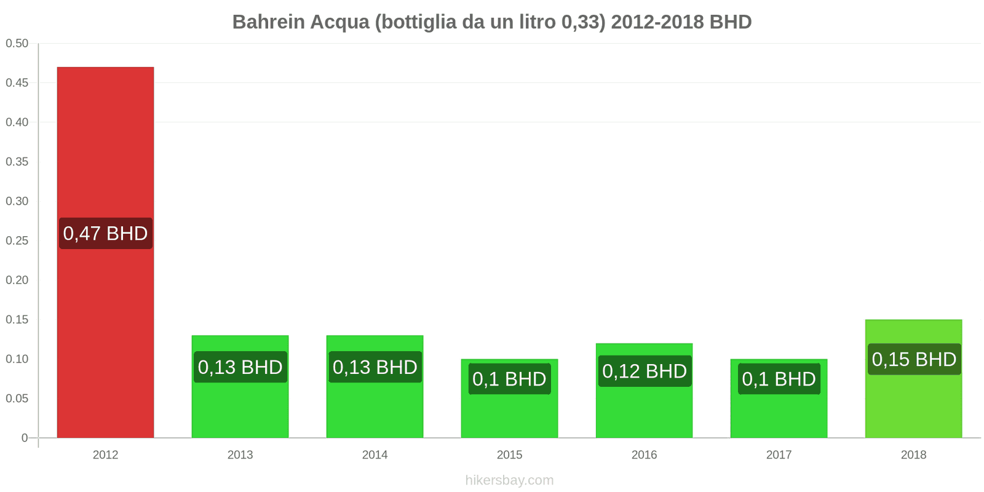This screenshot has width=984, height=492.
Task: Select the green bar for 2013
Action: click(x=240, y=406)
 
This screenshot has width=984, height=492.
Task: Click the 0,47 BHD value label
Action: click(x=105, y=234)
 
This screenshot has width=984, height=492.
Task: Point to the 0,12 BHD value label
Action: click(x=645, y=371)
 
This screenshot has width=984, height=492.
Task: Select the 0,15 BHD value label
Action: click(x=914, y=359)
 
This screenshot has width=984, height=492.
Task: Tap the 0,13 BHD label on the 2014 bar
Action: click(x=375, y=367)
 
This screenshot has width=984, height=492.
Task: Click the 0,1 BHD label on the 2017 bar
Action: click(x=779, y=379)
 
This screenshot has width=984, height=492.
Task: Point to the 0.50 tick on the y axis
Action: click(x=17, y=43)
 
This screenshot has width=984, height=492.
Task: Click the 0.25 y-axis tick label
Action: click(x=17, y=240)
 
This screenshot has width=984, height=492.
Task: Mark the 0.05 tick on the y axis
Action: click(x=17, y=399)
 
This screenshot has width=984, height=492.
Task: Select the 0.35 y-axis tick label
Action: click(x=17, y=162)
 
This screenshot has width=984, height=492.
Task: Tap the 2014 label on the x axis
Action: click(x=375, y=455)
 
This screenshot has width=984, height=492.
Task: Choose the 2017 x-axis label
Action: click(x=779, y=455)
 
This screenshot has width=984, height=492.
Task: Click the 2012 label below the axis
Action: click(x=105, y=455)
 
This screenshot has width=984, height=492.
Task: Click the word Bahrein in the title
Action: click(x=268, y=22)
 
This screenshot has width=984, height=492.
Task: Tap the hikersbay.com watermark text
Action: click(x=509, y=480)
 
